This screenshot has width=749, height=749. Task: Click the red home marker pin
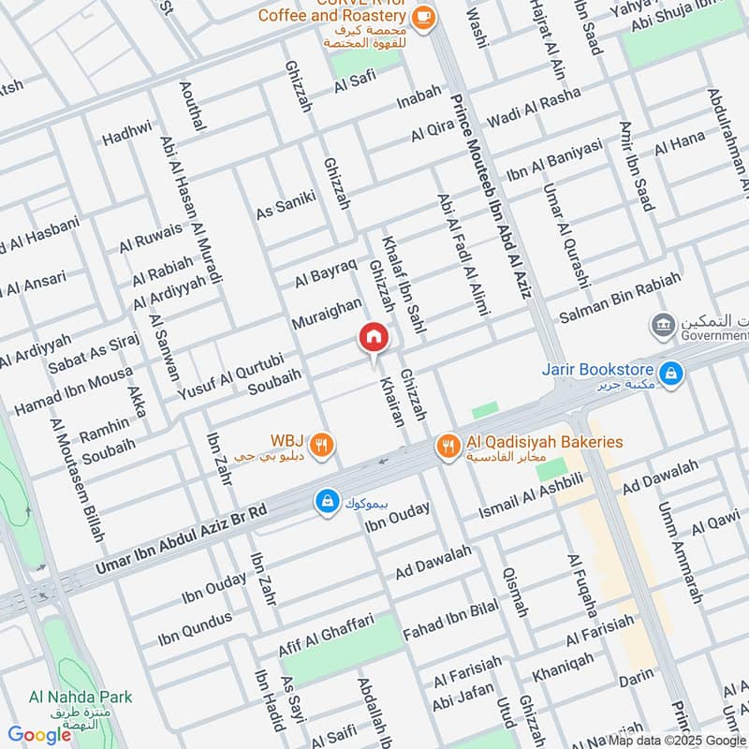tap(373, 338)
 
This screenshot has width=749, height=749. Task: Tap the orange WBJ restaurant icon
tap(321, 446)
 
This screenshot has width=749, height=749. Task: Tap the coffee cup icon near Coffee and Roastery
tap(423, 16)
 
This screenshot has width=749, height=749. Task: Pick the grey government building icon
tap(663, 325)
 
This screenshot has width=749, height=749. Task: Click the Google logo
tap(39, 735)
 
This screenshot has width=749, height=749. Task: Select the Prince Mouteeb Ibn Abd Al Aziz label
tap(491, 198)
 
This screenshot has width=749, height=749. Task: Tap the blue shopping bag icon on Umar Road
tap(326, 503)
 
